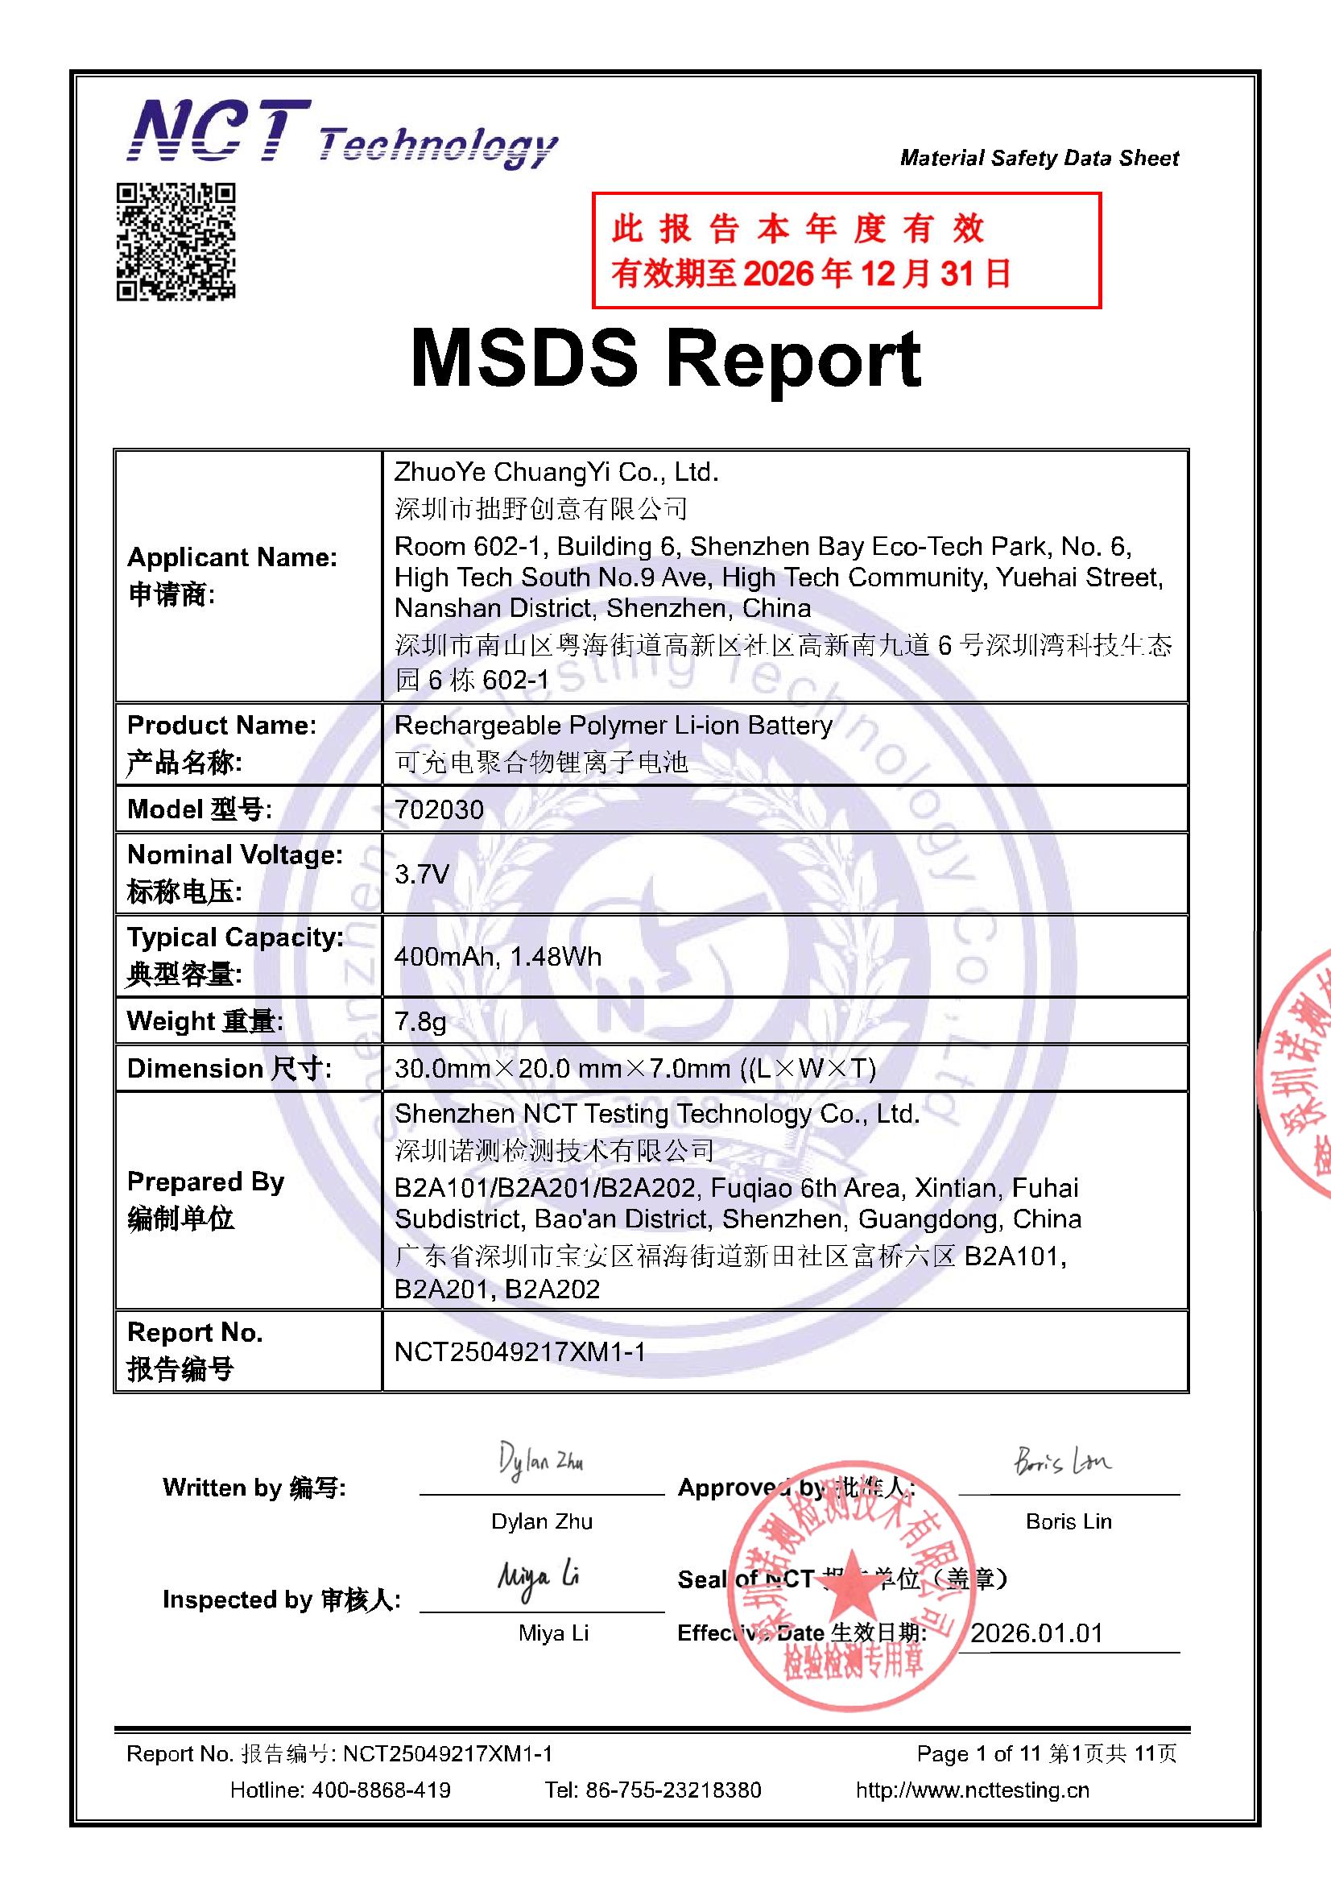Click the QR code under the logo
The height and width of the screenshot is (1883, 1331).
pos(176,241)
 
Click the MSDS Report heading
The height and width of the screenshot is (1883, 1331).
pos(665,359)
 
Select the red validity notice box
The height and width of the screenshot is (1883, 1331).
pos(845,251)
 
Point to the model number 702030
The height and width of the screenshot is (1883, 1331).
pos(440,809)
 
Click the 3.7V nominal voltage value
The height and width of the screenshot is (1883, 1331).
pos(422,875)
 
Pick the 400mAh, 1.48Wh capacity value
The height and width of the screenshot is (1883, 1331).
pos(498,956)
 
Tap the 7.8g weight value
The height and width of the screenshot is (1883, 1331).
pos(420,1022)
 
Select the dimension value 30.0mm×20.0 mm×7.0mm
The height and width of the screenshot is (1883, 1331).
pos(634,1069)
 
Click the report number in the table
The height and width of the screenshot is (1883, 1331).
pos(520,1351)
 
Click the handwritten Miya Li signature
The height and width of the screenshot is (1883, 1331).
pos(538,1577)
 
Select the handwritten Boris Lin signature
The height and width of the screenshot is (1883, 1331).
pos(1063,1463)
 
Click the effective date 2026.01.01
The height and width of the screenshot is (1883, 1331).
pos(1036,1633)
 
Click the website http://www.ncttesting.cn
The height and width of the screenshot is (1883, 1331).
pos(973,1790)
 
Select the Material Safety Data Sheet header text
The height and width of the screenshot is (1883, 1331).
pos(1039,159)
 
